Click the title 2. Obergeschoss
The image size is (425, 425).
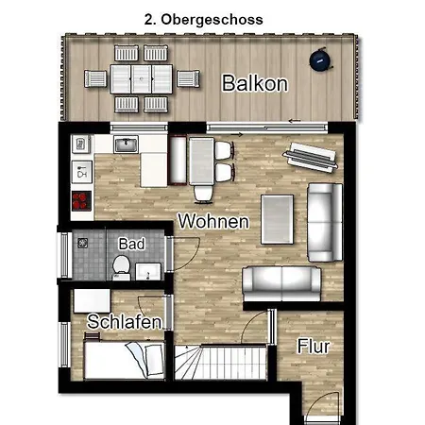(204, 20)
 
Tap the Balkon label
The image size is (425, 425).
(255, 83)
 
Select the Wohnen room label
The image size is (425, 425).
(213, 221)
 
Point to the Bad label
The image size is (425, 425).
(131, 244)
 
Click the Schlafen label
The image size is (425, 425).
(125, 322)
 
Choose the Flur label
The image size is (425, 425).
(314, 347)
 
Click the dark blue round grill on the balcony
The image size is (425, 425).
(321, 59)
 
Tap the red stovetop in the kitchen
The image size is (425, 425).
(81, 201)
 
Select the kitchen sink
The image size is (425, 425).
(126, 144)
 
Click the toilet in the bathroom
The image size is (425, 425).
(122, 267)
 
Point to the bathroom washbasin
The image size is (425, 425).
(148, 272)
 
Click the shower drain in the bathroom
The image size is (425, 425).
(82, 243)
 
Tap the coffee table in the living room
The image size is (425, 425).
(277, 219)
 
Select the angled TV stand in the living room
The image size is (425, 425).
(311, 158)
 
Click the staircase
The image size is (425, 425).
(220, 362)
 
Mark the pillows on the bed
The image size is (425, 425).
(146, 358)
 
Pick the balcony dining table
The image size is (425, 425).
(141, 79)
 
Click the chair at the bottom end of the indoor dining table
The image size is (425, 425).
(203, 194)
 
